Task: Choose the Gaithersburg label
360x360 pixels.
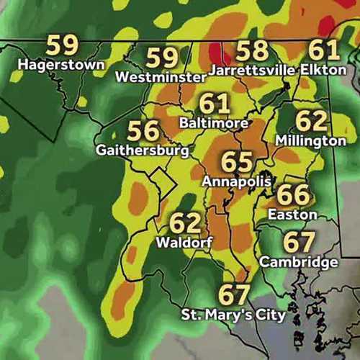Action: (x=143, y=150)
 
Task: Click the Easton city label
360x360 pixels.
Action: (x=292, y=214)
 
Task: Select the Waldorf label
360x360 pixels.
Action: (x=184, y=242)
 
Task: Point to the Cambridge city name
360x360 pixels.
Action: (x=299, y=261)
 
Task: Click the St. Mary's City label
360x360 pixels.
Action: (x=233, y=315)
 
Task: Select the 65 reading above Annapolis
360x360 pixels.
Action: (x=238, y=161)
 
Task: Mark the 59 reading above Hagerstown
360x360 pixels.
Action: (x=62, y=45)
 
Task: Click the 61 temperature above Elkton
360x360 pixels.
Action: (x=324, y=50)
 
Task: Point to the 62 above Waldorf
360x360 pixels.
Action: (x=185, y=222)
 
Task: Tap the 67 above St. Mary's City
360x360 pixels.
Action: (x=233, y=295)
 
